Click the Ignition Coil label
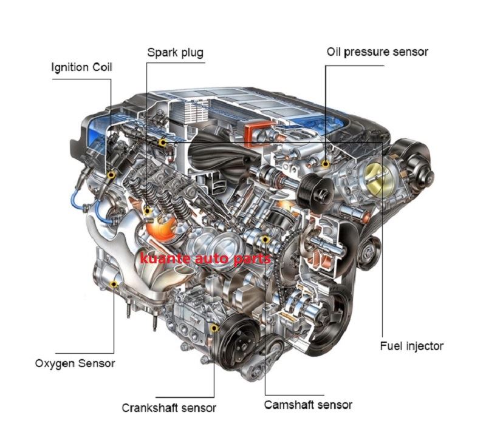click(81, 67)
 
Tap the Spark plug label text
click(176, 53)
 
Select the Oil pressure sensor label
click(377, 52)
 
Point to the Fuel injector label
click(412, 346)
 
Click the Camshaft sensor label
click(308, 405)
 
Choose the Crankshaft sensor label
click(169, 408)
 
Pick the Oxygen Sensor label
click(75, 363)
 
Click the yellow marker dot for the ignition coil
click(111, 175)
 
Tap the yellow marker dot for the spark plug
click(148, 211)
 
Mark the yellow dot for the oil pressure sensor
click(326, 163)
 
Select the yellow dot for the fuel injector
click(162, 143)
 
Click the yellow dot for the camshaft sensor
click(265, 239)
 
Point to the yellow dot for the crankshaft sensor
click(214, 328)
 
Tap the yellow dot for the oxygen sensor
click(114, 284)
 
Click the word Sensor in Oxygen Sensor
click(97, 363)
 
